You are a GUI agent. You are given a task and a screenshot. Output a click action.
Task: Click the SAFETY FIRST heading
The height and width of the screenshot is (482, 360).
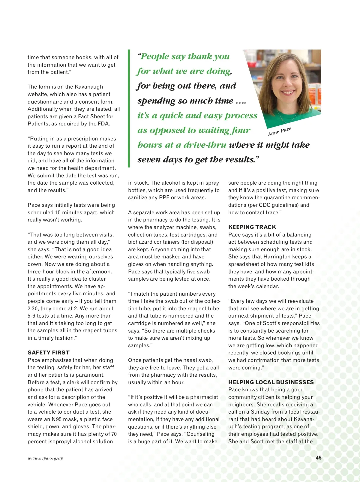click(x=49, y=353)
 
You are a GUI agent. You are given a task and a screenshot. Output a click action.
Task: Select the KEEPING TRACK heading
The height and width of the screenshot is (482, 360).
click(x=252, y=227)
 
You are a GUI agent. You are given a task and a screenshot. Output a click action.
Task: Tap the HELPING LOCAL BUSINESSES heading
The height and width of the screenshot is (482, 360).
click(x=271, y=382)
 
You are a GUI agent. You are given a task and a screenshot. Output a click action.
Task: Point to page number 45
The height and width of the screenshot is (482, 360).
click(x=319, y=458)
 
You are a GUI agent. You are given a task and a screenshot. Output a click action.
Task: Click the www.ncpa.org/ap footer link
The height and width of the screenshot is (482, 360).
click(x=45, y=458)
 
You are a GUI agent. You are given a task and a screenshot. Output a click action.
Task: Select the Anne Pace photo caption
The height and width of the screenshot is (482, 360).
click(x=280, y=131)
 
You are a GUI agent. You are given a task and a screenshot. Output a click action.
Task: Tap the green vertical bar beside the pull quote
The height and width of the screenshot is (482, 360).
click(x=129, y=108)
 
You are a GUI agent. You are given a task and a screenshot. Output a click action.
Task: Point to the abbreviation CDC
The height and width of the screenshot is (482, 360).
click(x=265, y=205)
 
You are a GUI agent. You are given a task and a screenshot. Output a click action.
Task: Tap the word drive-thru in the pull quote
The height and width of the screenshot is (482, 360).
click(x=205, y=145)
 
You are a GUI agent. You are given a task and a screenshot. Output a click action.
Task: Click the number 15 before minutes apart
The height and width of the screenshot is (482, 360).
click(x=58, y=212)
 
